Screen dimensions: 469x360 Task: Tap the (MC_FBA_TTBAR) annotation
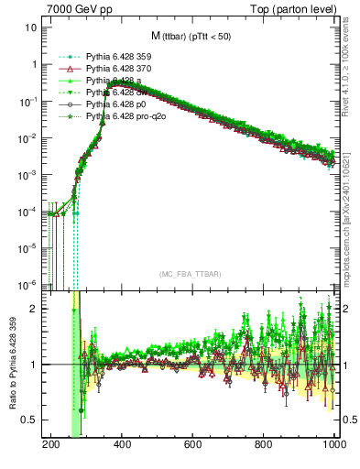pos(191,275)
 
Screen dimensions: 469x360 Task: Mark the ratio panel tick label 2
pos(35,309)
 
